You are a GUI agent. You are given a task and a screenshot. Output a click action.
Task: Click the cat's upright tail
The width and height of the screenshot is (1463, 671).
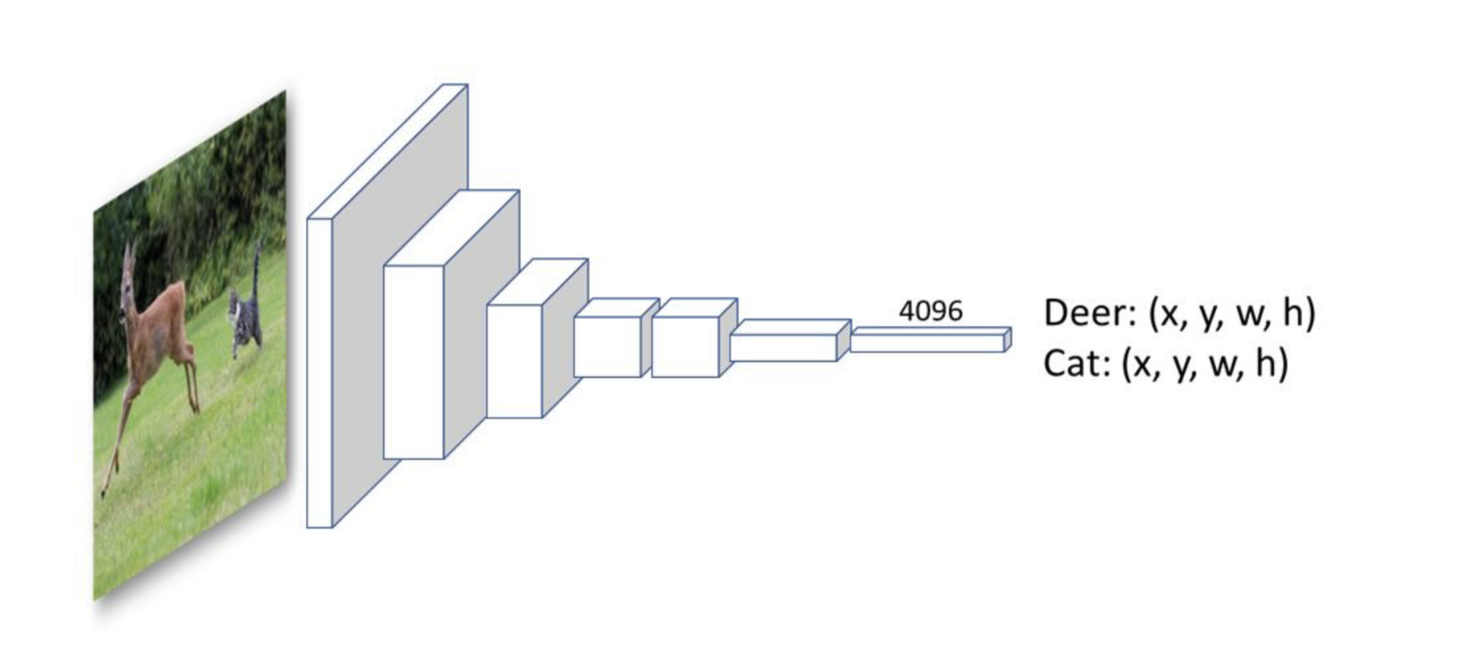(x=257, y=267)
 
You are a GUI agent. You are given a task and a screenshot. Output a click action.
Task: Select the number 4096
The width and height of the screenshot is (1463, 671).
(x=930, y=311)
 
